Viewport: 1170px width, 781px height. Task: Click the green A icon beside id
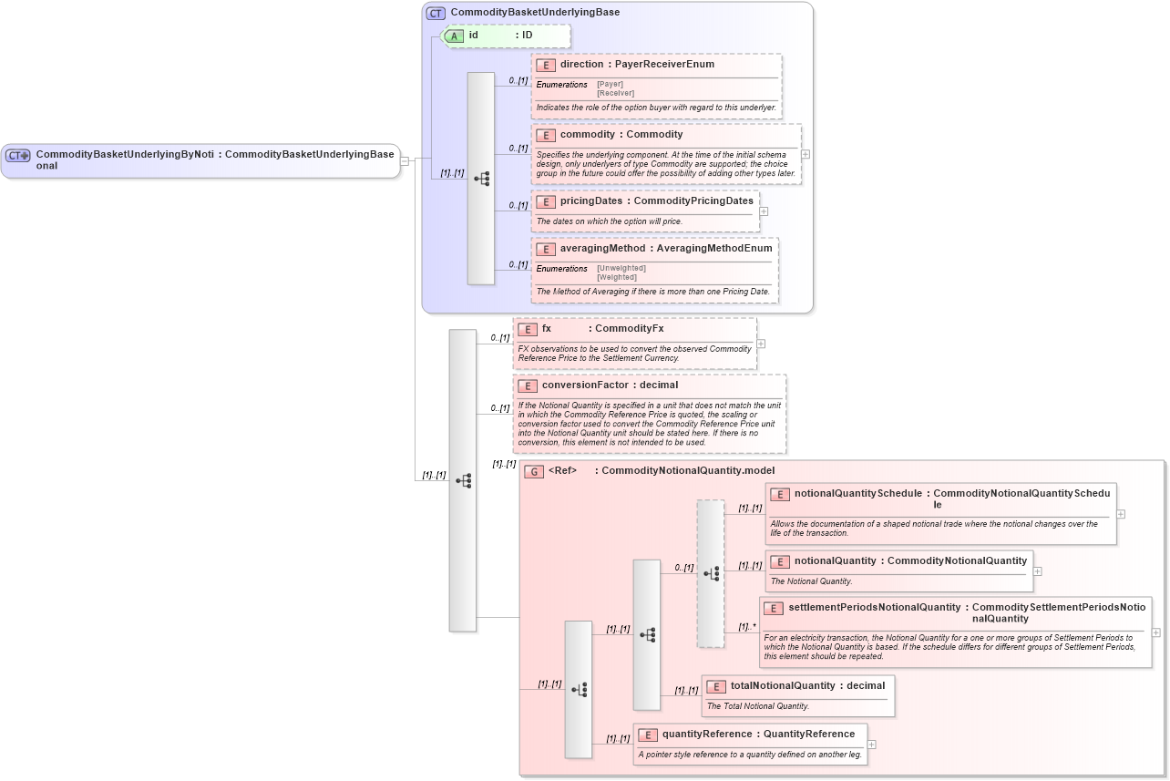point(454,36)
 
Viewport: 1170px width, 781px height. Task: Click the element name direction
point(581,65)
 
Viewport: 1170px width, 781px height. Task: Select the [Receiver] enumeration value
point(615,93)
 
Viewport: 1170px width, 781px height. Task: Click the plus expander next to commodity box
point(806,154)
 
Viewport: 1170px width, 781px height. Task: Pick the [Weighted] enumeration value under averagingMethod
point(617,277)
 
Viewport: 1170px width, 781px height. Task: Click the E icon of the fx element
point(527,329)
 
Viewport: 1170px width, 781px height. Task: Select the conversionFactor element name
point(585,385)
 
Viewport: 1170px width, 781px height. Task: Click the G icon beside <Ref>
point(534,471)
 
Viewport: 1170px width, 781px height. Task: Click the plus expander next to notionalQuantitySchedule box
point(1121,514)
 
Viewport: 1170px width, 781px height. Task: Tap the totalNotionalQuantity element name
point(782,685)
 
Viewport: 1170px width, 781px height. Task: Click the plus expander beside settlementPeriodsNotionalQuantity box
point(1156,632)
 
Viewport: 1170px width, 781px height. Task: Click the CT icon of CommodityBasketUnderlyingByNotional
point(18,156)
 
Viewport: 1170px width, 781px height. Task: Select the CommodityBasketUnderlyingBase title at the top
point(535,13)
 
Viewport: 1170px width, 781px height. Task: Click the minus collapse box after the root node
point(405,161)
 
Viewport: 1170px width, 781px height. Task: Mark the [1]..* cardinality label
point(747,626)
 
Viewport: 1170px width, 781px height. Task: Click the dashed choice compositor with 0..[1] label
point(711,573)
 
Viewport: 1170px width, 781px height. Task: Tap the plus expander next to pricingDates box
point(764,211)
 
